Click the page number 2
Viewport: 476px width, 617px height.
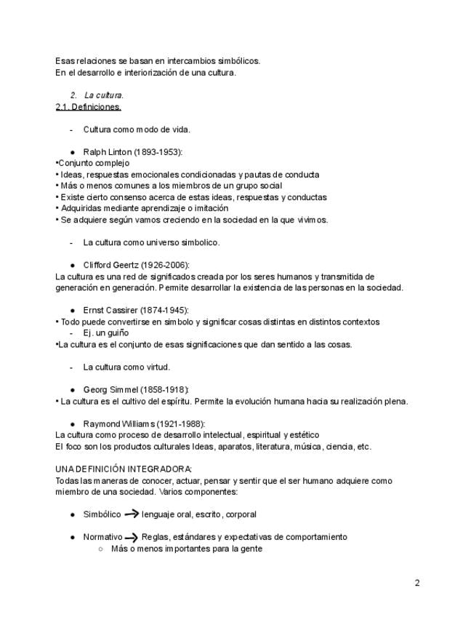417,583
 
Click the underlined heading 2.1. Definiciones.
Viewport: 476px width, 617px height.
88,107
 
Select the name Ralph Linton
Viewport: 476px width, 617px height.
108,152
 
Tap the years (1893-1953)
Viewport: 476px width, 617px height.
158,152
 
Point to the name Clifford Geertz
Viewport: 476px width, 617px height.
111,265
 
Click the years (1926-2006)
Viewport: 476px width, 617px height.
165,265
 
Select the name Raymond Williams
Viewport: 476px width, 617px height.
118,423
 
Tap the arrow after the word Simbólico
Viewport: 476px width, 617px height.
132,514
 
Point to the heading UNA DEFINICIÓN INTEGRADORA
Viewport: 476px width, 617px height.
124,469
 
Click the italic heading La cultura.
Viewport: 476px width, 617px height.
104,95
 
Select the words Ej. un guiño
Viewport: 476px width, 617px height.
106,333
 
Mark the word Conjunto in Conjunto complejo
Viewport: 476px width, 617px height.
75,163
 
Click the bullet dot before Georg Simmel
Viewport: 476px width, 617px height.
73,390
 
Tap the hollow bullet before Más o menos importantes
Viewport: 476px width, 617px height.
101,549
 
